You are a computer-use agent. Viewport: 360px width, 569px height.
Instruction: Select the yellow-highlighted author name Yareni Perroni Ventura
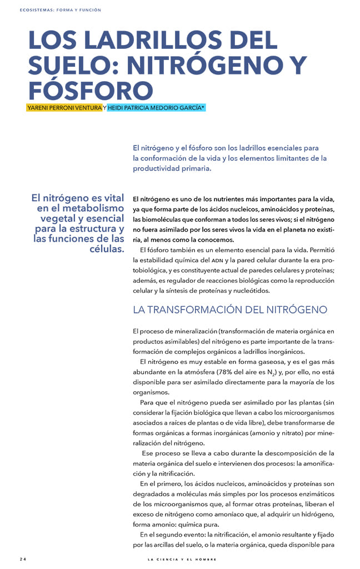tap(64, 107)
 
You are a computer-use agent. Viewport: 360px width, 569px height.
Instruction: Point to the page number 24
tap(23, 558)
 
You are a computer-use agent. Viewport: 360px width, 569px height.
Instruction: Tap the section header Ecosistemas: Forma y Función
tap(60, 10)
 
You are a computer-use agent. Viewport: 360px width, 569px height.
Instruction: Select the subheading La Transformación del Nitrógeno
tap(230, 310)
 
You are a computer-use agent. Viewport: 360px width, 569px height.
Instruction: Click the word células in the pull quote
tap(106, 248)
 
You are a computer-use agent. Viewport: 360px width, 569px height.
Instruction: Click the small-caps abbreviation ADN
tap(217, 260)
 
